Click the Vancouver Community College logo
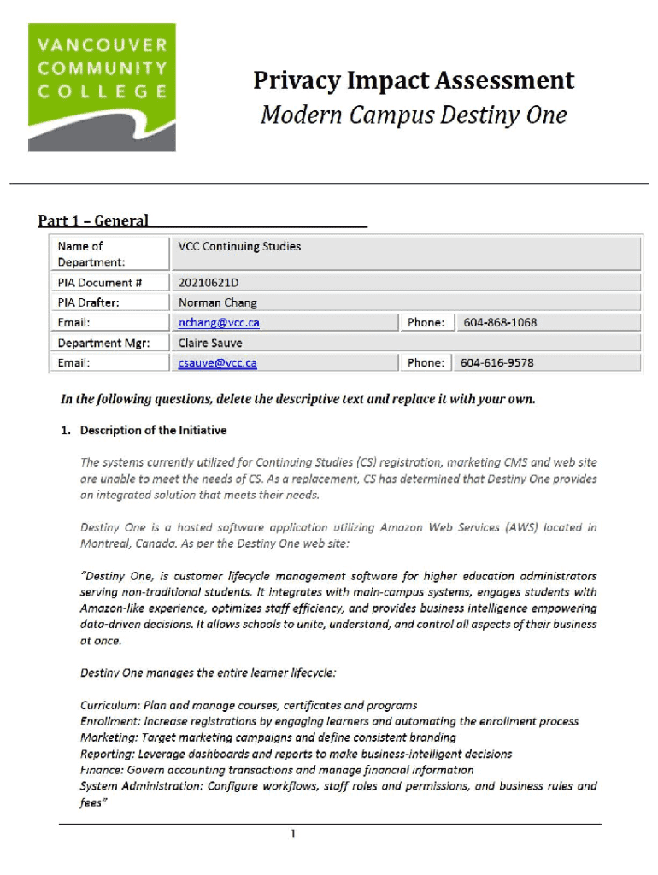point(102,87)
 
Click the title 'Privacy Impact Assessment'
point(414,81)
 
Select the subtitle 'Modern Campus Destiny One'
point(414,115)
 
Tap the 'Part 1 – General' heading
point(93,221)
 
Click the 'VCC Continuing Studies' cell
point(239,246)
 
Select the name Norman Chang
point(217,302)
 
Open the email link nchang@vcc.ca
point(218,322)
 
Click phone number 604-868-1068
point(500,322)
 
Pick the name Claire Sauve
point(210,343)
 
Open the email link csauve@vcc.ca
point(217,363)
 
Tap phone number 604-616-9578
point(497,363)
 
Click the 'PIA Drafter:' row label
point(89,302)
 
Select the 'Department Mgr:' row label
point(103,343)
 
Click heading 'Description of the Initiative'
point(153,430)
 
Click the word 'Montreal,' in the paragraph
point(107,543)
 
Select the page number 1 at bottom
point(293,834)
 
